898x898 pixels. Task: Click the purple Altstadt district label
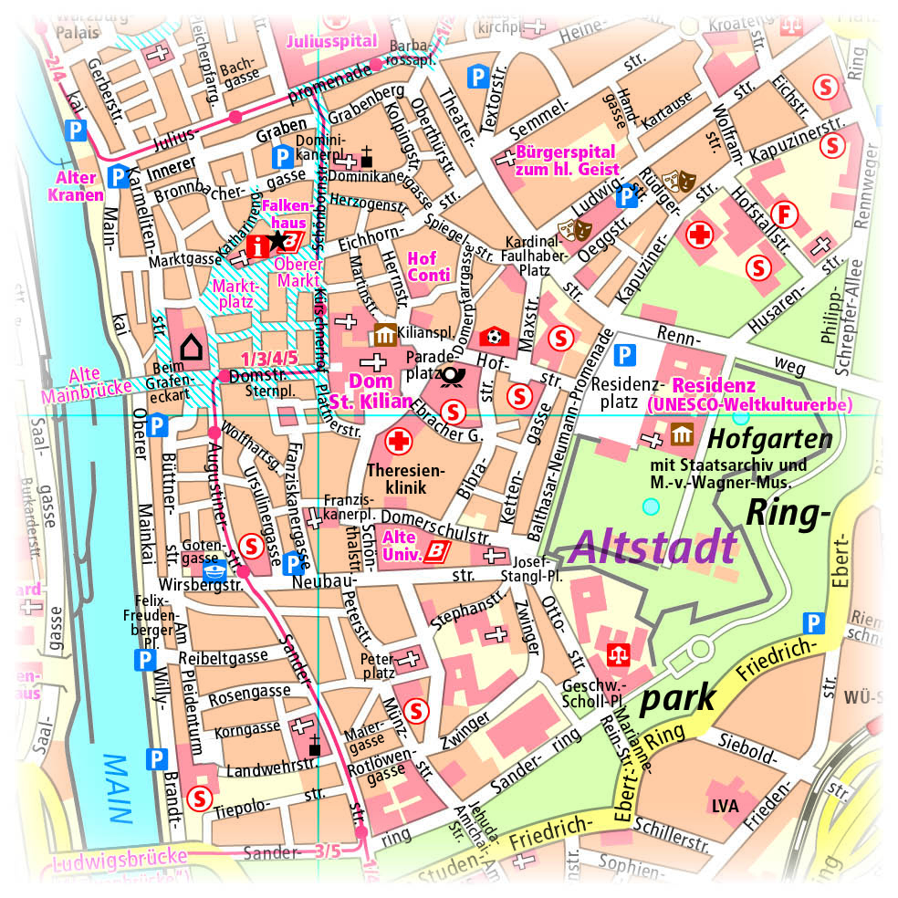[x=653, y=547]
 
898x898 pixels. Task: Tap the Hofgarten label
[x=770, y=440]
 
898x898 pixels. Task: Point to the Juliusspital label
[x=331, y=41]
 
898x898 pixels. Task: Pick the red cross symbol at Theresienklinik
[x=399, y=443]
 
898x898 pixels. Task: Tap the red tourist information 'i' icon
[x=258, y=244]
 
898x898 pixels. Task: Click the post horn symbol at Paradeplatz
[x=450, y=375]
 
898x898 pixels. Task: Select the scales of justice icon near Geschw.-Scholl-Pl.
[x=619, y=653]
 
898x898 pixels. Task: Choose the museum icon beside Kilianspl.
[x=382, y=335]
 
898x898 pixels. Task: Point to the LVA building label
[x=725, y=807]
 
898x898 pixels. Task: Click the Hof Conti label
[x=428, y=266]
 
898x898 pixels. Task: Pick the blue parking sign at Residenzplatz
[x=625, y=355]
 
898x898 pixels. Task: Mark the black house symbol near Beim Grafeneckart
[x=191, y=347]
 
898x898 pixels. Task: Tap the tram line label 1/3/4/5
[x=269, y=358]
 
